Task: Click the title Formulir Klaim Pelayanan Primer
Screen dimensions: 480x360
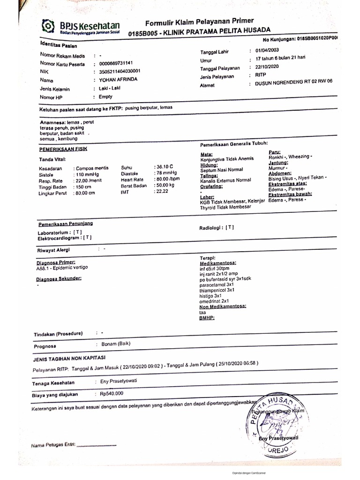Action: (200, 21)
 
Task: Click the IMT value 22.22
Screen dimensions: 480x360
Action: (162, 192)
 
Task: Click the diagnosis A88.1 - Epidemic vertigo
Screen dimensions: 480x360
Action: (61, 268)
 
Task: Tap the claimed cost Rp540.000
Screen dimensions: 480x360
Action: (112, 393)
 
